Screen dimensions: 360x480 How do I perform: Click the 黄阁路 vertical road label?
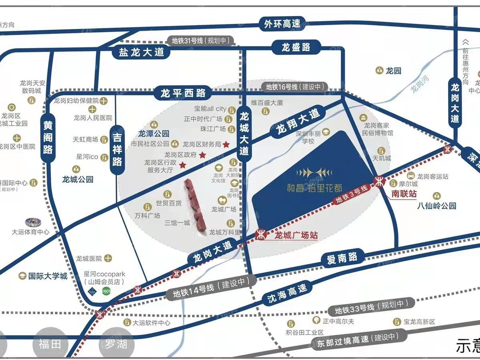click(x=48, y=138)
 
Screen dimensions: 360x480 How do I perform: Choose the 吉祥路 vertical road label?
click(x=117, y=150)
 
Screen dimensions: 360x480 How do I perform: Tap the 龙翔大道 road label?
click(x=298, y=122)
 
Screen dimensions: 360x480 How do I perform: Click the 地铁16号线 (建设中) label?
click(x=294, y=86)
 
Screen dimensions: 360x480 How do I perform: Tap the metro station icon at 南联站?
click(x=378, y=181)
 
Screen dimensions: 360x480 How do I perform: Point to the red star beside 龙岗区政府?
click(x=202, y=155)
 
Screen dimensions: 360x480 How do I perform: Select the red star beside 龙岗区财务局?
click(x=226, y=144)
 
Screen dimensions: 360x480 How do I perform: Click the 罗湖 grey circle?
click(x=116, y=344)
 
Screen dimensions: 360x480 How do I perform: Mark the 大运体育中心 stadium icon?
click(x=31, y=222)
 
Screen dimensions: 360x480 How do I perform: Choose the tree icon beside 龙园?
click(x=379, y=71)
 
